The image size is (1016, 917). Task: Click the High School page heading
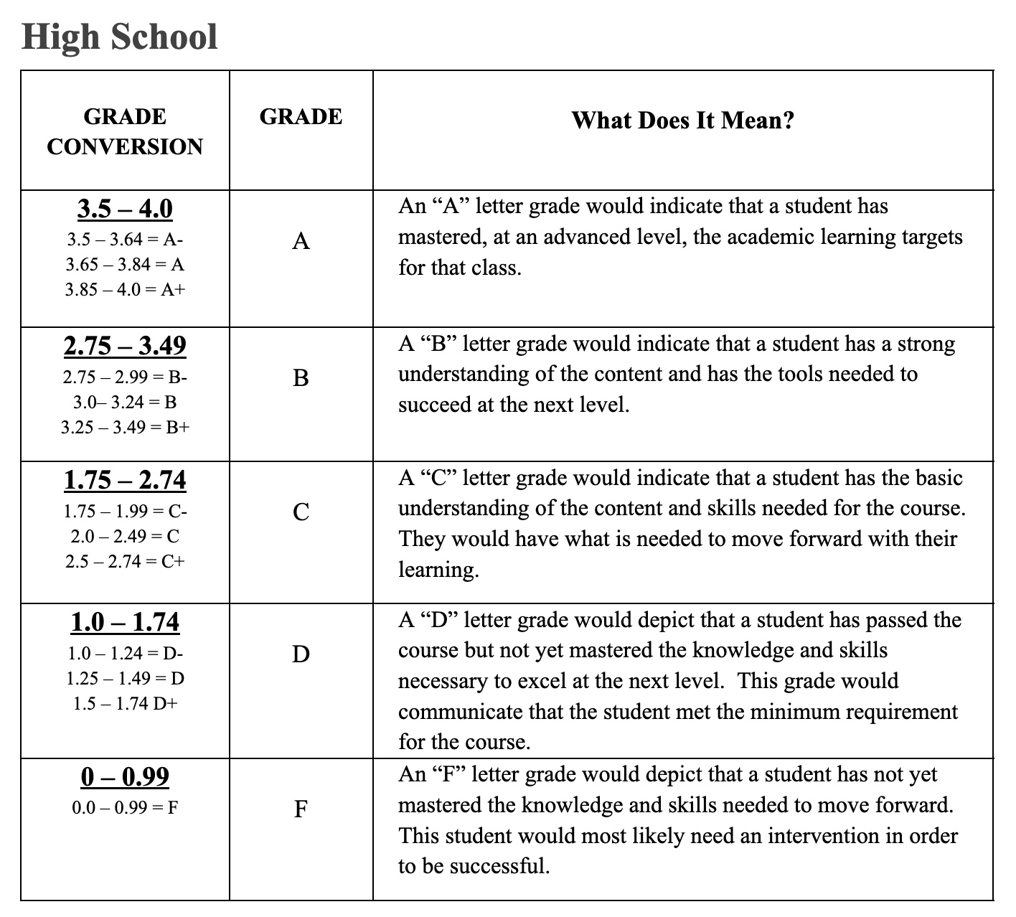(119, 37)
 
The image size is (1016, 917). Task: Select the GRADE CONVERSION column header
(125, 131)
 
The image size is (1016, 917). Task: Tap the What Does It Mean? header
(682, 120)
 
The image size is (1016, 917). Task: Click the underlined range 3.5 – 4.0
(125, 209)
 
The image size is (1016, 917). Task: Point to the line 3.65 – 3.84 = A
(125, 265)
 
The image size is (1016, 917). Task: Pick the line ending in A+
(125, 290)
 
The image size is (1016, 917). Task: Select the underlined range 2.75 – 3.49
(125, 346)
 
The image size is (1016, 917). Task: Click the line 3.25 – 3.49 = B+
(125, 428)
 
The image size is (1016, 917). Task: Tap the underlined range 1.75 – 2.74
(125, 480)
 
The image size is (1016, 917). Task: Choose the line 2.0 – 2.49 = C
(125, 536)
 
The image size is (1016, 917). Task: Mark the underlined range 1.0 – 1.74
(125, 622)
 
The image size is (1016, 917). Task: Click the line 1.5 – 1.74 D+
(125, 703)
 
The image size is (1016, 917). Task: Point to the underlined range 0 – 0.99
(125, 776)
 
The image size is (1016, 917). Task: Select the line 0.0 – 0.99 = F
(125, 808)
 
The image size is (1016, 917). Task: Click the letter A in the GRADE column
(301, 241)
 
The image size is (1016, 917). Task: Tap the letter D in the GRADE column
(301, 654)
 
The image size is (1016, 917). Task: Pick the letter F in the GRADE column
(301, 809)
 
